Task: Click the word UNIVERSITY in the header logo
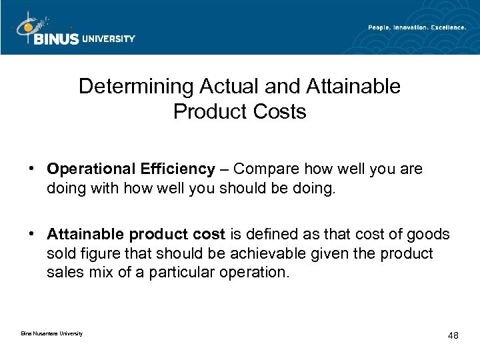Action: (x=109, y=39)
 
